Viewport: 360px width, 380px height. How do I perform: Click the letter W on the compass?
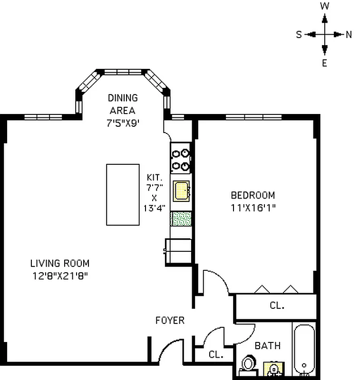coord(324,6)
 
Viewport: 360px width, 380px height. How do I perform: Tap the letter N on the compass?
coord(349,34)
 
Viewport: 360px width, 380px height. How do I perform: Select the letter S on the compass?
coord(299,34)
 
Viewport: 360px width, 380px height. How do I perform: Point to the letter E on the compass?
coord(324,63)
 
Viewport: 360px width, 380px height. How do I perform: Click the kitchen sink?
coord(181,191)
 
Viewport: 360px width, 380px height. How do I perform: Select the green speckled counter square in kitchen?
coord(181,218)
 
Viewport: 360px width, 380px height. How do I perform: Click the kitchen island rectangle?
coord(123,194)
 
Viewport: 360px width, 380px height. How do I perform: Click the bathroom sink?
coord(272,369)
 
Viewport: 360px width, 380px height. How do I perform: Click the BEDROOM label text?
coord(253,195)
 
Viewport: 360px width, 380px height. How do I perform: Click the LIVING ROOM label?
coord(59,263)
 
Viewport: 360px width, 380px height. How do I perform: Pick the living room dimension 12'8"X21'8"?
coord(59,275)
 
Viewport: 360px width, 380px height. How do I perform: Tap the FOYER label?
coord(170,321)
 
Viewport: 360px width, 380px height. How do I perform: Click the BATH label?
coord(267,345)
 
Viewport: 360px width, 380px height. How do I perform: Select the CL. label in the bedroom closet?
coord(277,306)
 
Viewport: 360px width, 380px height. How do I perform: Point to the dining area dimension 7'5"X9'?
coord(122,123)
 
